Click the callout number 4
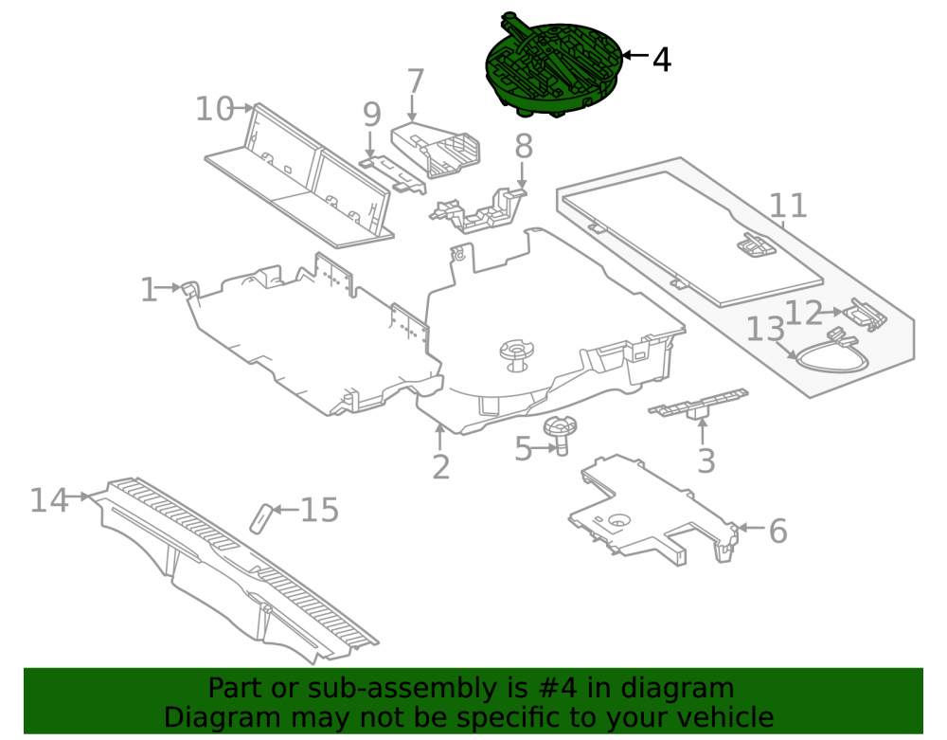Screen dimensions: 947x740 coord(662,60)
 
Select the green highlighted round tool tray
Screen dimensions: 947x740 coord(554,65)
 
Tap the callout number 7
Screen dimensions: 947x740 coord(415,81)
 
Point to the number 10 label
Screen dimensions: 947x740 coord(215,109)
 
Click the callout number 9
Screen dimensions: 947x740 coord(372,114)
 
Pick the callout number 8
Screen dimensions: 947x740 coord(524,146)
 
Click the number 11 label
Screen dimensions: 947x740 coord(789,206)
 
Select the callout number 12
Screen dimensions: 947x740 coord(804,313)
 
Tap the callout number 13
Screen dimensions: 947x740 coord(766,330)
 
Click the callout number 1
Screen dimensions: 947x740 coord(149,290)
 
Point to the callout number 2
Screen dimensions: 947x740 coord(441,467)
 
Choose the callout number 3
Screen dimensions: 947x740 coord(706,460)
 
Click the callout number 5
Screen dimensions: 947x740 coord(523,449)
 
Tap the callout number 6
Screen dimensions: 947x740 coord(777,531)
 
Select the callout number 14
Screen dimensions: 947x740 coord(49,501)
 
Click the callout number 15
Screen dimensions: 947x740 coord(319,510)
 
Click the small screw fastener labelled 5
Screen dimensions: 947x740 coord(560,434)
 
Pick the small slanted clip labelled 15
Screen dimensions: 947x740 coord(261,518)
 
